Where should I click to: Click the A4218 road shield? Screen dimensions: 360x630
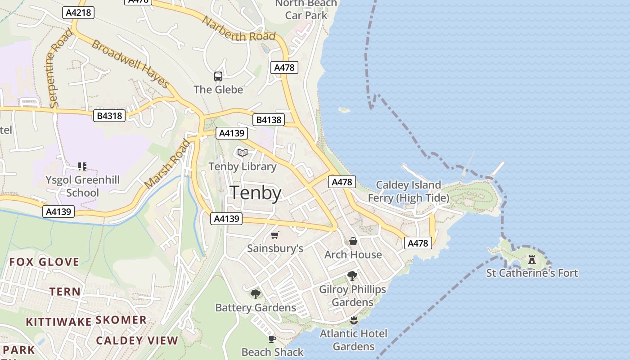[x=78, y=13]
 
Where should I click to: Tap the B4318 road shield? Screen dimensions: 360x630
[x=109, y=116]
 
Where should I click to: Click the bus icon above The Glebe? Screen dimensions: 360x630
[x=218, y=76]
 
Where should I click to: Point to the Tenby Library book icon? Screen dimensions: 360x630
[x=243, y=153]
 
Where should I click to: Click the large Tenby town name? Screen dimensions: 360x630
[x=256, y=193]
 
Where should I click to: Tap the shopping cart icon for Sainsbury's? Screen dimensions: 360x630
[x=275, y=235]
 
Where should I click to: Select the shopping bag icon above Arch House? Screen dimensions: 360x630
[x=353, y=241]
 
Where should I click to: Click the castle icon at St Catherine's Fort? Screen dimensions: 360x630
[x=532, y=260]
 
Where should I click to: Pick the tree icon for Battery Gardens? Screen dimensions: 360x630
[x=256, y=294]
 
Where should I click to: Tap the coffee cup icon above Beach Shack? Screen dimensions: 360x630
[x=272, y=338]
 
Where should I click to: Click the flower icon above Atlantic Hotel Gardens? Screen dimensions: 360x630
[x=354, y=320]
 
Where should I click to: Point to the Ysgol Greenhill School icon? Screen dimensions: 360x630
[x=82, y=166]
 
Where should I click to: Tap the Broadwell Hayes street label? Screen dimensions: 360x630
[x=130, y=63]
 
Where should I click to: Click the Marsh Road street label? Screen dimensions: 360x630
[x=167, y=165]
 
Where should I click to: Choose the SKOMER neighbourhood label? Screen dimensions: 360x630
[x=121, y=320]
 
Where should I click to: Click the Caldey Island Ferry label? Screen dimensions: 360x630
[x=408, y=191]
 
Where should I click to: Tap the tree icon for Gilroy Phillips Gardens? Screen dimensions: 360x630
[x=352, y=275]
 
